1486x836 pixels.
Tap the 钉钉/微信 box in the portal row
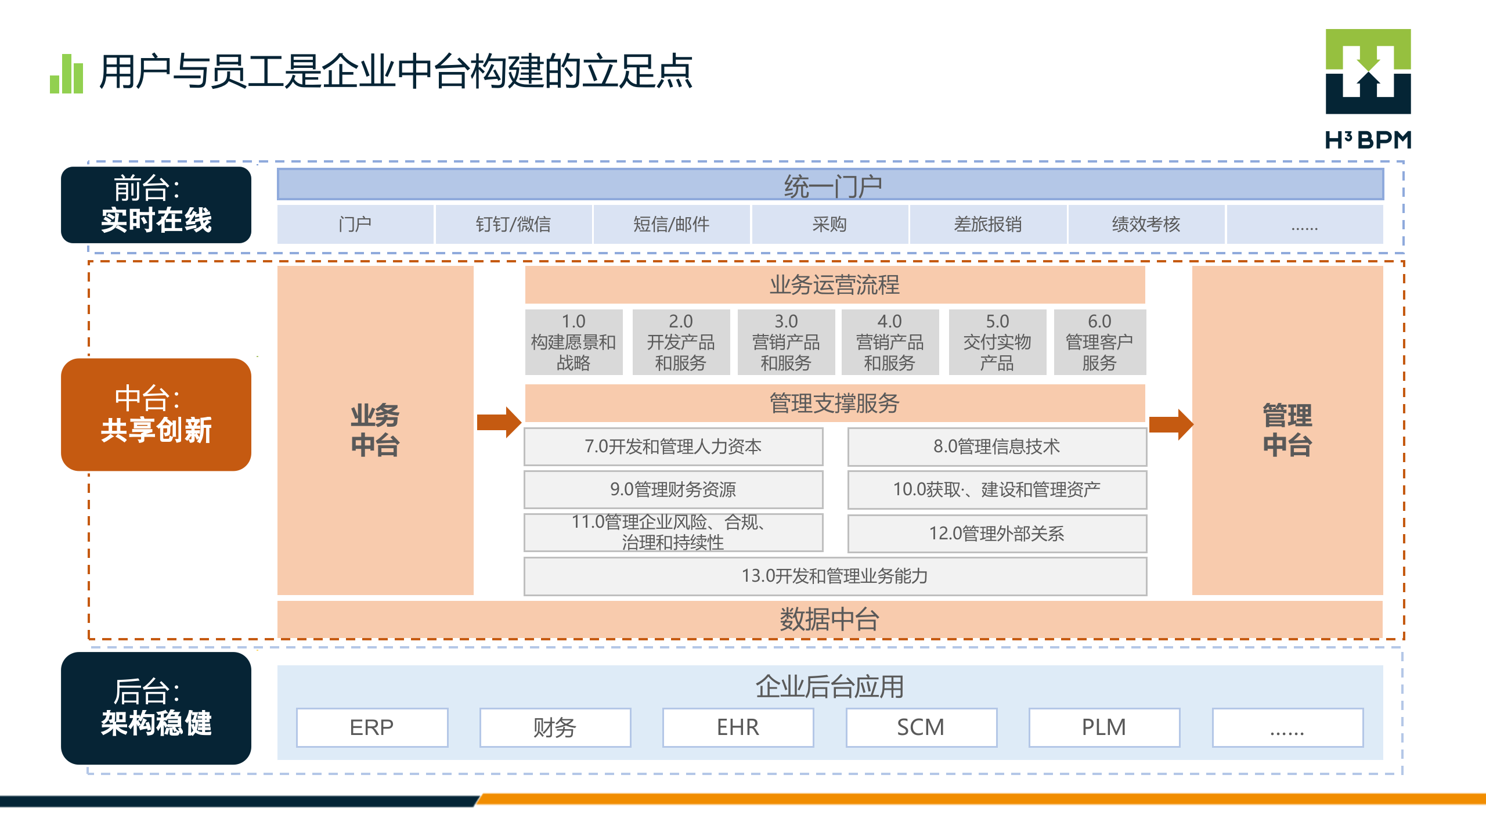click(x=513, y=224)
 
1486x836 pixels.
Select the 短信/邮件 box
click(x=671, y=224)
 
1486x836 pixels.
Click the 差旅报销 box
click(x=987, y=224)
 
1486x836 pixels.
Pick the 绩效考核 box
click(x=1146, y=224)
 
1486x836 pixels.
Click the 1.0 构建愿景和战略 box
click(x=574, y=342)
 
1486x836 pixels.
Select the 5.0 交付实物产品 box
click(x=997, y=342)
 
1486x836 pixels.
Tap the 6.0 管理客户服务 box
click(x=1099, y=342)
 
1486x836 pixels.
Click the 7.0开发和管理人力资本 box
click(x=673, y=446)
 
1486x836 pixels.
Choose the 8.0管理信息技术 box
click(x=997, y=446)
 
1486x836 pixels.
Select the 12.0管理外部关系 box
click(x=997, y=534)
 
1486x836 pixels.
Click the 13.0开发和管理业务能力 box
click(x=835, y=576)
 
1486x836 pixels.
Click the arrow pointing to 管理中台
click(x=1170, y=424)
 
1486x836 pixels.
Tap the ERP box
click(x=372, y=727)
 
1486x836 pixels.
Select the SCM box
click(x=921, y=727)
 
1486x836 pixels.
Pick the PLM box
click(x=1104, y=727)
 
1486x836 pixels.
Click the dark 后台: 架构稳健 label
click(x=156, y=708)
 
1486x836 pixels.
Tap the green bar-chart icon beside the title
click(x=67, y=74)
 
